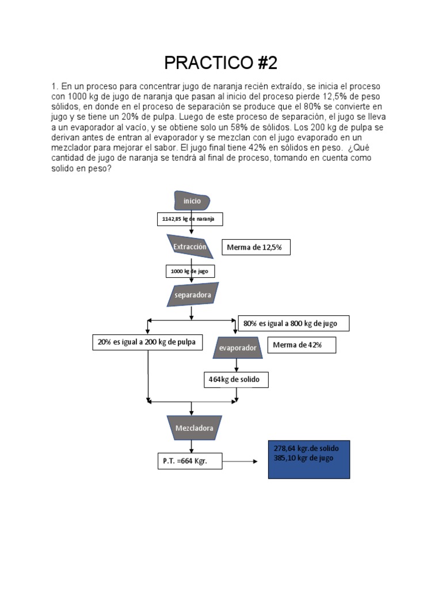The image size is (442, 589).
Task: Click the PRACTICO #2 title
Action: click(220, 62)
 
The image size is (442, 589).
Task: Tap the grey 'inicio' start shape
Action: click(192, 201)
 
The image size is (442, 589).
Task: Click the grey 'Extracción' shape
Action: click(190, 247)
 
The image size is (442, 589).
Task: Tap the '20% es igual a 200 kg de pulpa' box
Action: click(147, 342)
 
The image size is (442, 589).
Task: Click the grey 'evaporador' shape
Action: click(238, 348)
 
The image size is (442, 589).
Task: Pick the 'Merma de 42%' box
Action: click(301, 345)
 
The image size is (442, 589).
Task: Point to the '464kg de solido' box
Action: click(236, 380)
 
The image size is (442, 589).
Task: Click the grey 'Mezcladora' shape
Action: click(190, 429)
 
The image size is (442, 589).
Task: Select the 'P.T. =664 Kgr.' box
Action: click(189, 461)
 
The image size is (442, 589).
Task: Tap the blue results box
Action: click(309, 460)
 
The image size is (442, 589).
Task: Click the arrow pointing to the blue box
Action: click(241, 461)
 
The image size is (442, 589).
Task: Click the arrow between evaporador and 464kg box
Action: click(236, 366)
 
